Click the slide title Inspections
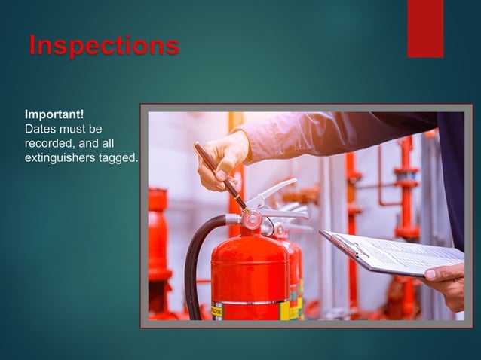tap(104, 45)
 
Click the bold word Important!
tap(54, 114)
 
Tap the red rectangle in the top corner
tap(425, 28)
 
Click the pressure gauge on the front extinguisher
tap(251, 221)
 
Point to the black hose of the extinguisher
tap(195, 256)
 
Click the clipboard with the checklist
tap(392, 252)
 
